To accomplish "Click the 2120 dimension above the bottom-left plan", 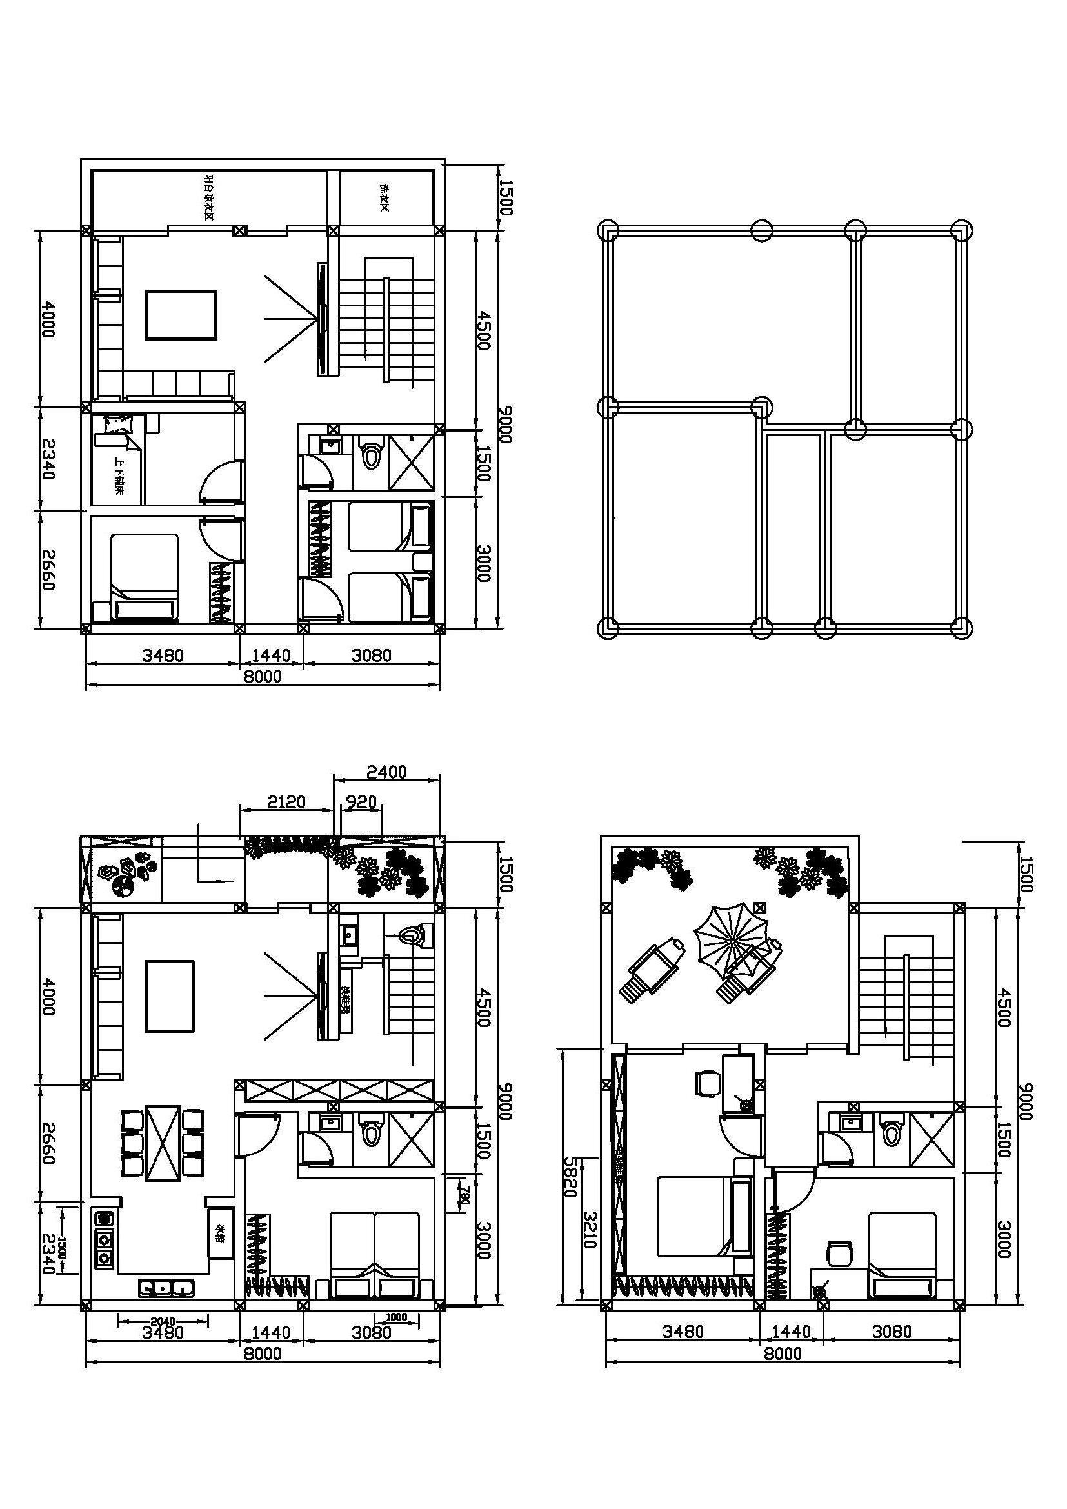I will (x=286, y=803).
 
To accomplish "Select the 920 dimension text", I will (x=361, y=803).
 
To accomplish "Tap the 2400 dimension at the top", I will (x=386, y=772).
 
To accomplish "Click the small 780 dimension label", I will (x=464, y=1192).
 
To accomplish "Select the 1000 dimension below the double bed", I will (x=397, y=1317).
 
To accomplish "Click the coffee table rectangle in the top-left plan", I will (x=181, y=315).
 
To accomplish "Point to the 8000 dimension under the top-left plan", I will (x=263, y=676).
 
